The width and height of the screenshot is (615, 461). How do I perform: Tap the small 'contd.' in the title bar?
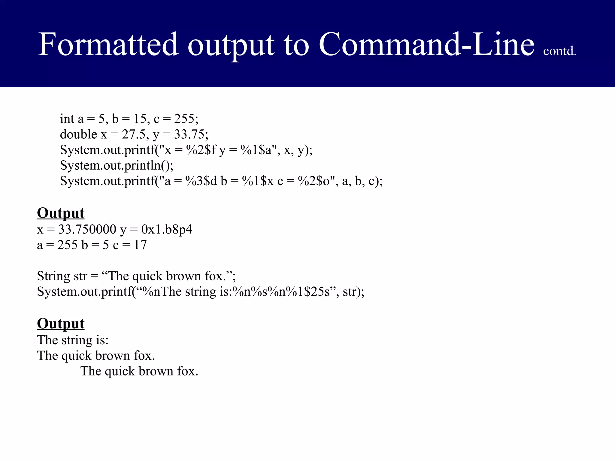[x=559, y=51]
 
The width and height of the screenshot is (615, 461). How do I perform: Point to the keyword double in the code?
[x=78, y=134]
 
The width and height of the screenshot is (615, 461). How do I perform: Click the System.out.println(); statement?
[x=117, y=165]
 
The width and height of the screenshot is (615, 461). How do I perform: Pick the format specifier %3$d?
[x=201, y=181]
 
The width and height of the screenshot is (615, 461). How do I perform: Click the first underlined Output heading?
[x=61, y=213]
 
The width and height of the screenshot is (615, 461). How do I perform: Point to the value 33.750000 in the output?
[x=87, y=230]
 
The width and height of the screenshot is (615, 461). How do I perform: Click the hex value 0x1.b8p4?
[x=167, y=230]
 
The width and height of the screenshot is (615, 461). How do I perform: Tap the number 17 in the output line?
[x=140, y=245]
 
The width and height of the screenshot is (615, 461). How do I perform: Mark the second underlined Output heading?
[x=61, y=324]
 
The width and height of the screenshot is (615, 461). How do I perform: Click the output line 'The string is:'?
[x=73, y=340]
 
